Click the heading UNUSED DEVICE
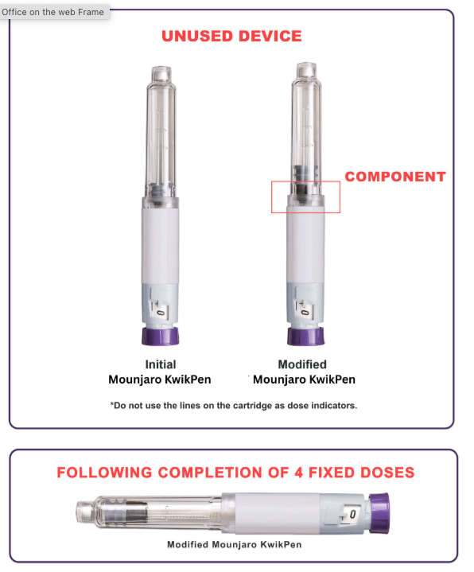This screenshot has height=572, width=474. click(231, 36)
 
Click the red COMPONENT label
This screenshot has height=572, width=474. click(394, 177)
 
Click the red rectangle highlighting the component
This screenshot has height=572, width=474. click(305, 197)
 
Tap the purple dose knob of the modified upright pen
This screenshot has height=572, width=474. click(305, 337)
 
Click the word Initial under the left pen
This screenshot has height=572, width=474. click(161, 364)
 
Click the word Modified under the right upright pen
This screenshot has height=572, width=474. click(301, 364)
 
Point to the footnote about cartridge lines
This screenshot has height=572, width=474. click(233, 405)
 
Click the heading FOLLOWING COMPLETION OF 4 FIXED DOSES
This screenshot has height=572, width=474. click(235, 473)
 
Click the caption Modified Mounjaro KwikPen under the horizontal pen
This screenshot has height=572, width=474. click(234, 545)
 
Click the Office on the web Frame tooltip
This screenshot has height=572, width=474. click(53, 12)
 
